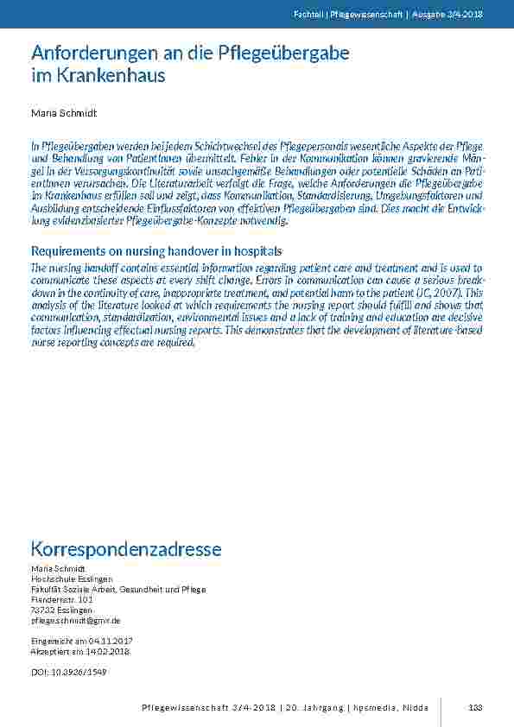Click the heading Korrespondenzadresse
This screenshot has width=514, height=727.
[126, 549]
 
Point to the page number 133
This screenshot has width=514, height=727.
[474, 708]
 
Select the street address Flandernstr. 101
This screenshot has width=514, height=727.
[61, 599]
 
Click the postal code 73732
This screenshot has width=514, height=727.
[41, 610]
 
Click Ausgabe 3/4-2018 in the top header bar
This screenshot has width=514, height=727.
[448, 15]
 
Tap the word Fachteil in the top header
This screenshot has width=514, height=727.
[307, 15]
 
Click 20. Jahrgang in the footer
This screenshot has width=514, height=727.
[315, 708]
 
